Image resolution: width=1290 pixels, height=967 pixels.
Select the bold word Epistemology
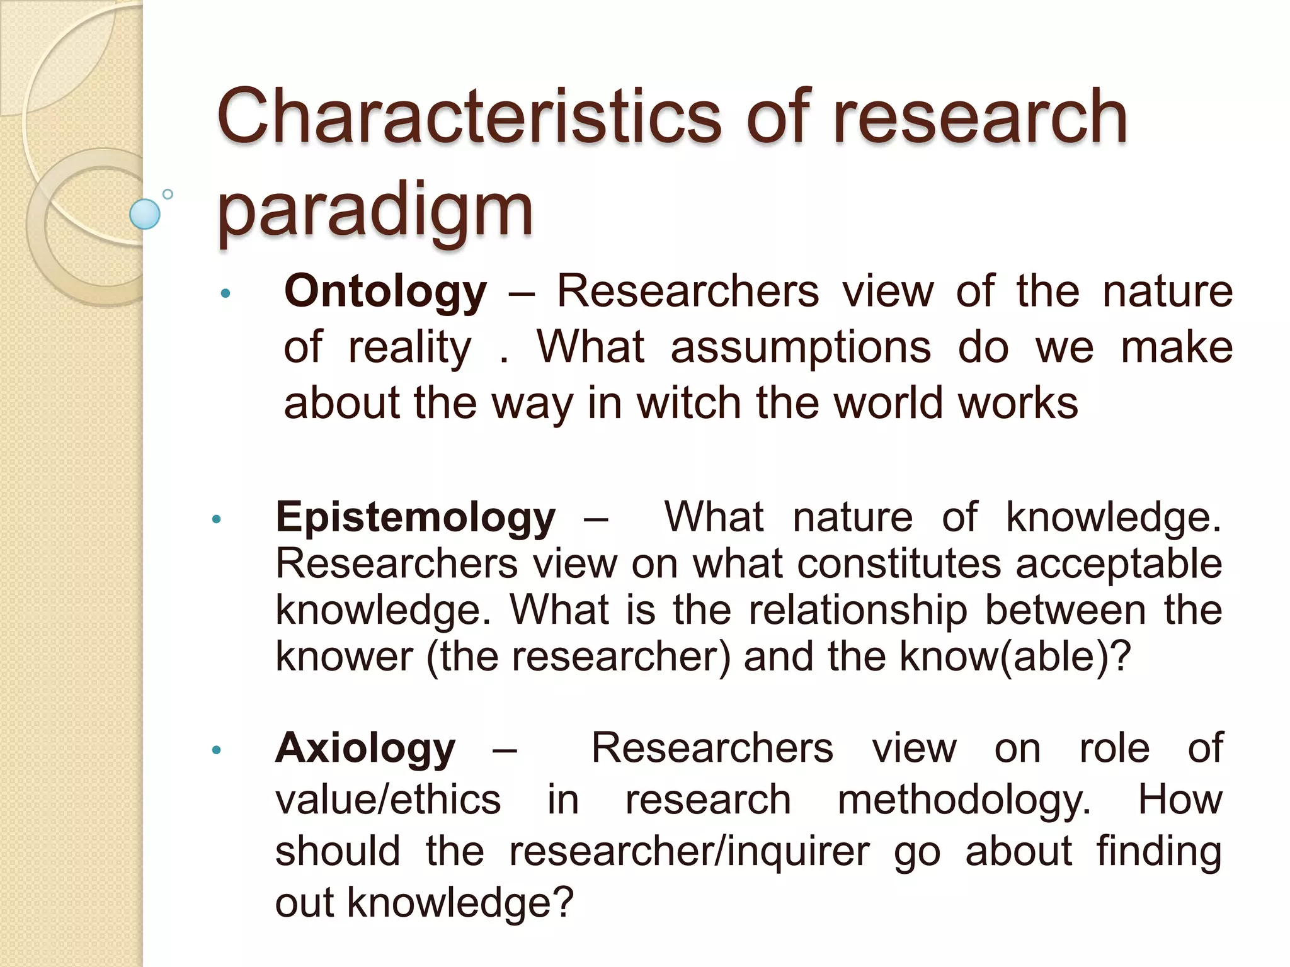416,518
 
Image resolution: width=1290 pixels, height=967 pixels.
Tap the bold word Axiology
365,749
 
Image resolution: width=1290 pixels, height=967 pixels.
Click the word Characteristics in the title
469,118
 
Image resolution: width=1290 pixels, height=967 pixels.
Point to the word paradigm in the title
375,210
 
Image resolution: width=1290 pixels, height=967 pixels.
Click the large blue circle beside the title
145,214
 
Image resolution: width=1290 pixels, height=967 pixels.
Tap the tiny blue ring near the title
168,194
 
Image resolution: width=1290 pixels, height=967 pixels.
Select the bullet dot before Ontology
225,293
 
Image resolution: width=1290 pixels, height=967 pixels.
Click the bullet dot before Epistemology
217,519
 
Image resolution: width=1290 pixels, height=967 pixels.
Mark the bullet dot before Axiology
217,750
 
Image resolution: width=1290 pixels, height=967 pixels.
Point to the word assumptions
800,348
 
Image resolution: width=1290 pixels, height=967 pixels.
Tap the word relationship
858,610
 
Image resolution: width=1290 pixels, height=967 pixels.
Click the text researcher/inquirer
689,852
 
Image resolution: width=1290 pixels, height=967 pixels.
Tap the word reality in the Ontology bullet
409,348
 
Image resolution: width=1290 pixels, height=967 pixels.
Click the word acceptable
1119,563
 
